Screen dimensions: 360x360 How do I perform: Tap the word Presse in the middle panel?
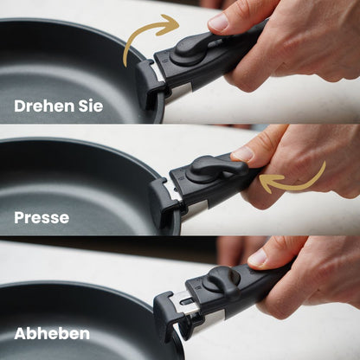[x=42, y=218]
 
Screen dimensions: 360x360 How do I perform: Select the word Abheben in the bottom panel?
[x=52, y=334]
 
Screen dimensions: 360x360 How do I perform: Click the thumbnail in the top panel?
[x=219, y=22]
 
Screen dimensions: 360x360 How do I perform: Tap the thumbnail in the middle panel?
[x=243, y=154]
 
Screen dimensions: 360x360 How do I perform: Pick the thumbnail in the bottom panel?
[x=259, y=258]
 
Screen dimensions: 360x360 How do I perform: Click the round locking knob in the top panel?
[x=189, y=55]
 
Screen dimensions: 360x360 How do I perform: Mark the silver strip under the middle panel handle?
[x=200, y=207]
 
